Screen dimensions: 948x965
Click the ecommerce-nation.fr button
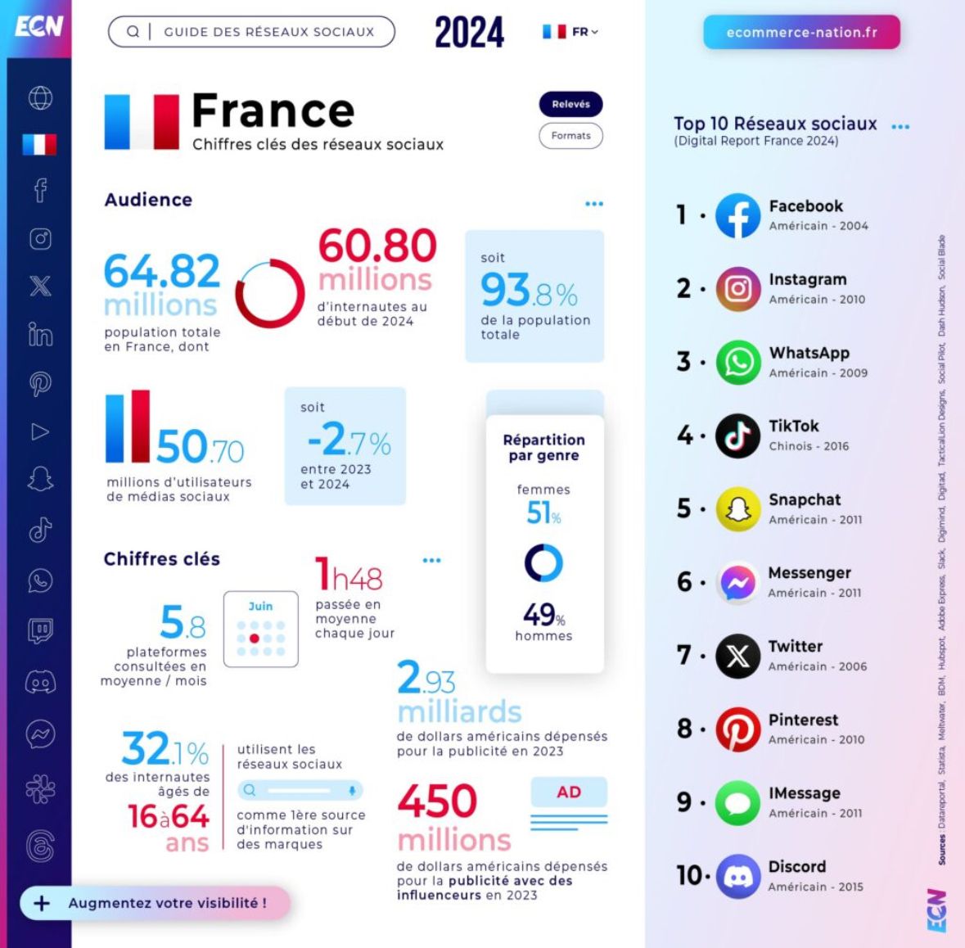coord(801,33)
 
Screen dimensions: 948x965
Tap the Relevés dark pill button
coord(570,104)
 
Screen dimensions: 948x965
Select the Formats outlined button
coord(570,136)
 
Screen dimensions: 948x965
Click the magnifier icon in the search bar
coord(133,32)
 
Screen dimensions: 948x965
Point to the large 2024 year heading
coord(469,33)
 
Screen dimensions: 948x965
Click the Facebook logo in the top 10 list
coord(737,215)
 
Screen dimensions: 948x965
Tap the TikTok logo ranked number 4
coord(737,436)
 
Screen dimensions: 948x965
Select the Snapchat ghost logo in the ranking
coord(737,509)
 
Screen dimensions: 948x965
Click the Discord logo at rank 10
coord(737,876)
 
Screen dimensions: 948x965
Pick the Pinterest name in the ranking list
coord(803,720)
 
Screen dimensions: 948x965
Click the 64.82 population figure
coord(162,272)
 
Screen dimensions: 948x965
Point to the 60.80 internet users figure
coord(377,246)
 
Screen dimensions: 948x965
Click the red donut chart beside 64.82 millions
coord(269,294)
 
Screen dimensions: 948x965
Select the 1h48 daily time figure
coord(349,575)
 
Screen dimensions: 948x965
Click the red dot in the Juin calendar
coord(255,639)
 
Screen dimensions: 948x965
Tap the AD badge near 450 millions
coord(569,792)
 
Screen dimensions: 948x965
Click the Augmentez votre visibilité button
coord(155,903)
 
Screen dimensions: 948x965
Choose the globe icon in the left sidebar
coord(40,98)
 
